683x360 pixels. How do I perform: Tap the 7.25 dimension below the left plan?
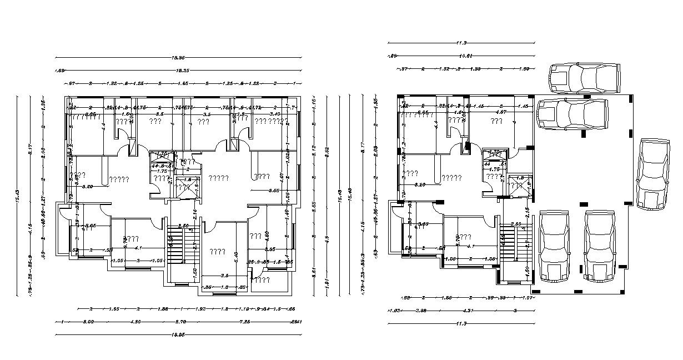244,322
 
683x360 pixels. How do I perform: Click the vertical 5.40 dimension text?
236,257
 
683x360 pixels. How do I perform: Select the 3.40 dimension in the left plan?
274,114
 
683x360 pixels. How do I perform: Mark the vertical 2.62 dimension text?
327,149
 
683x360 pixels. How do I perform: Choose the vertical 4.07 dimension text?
282,178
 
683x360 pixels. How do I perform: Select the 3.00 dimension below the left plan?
88,322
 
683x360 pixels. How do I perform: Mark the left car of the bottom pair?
554,245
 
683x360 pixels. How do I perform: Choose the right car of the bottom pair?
600,245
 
